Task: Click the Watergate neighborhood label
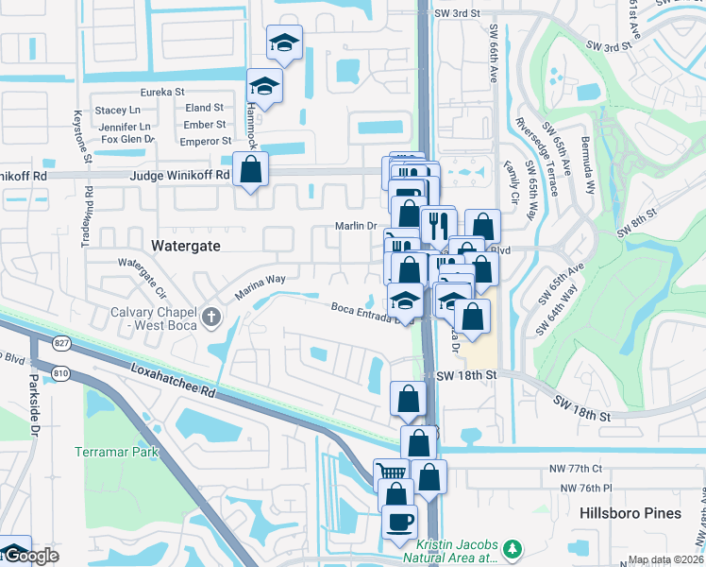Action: coord(186,245)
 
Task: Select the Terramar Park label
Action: coord(118,452)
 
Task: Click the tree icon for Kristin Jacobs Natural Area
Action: coord(513,549)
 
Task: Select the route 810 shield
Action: coord(61,372)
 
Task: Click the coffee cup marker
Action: coord(398,521)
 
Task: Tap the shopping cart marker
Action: coord(391,472)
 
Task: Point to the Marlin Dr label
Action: coord(356,226)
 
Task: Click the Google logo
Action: coord(30,556)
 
